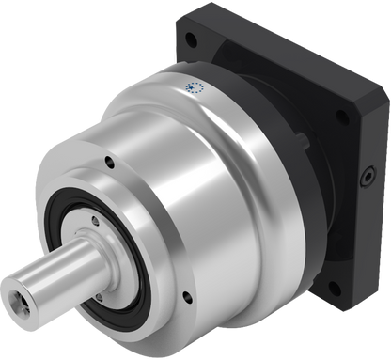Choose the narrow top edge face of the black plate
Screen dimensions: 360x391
click(282, 47)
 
